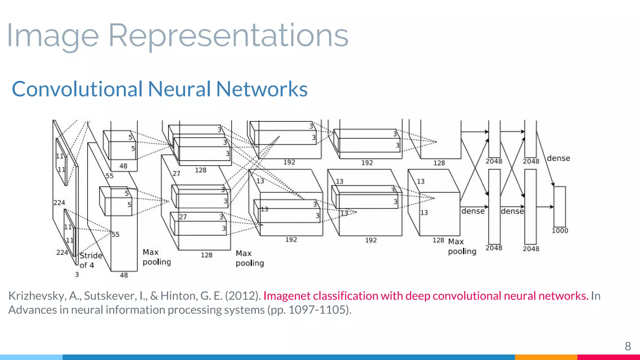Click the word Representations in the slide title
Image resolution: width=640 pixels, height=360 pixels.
click(228, 36)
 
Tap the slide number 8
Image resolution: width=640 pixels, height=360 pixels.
click(627, 346)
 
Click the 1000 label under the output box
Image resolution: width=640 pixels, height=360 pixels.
click(560, 231)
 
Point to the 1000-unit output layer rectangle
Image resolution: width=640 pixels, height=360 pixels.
click(560, 207)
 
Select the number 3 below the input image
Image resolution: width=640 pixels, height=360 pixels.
click(77, 274)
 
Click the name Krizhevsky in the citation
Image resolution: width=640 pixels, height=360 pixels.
click(37, 296)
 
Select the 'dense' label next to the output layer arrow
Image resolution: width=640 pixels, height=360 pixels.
click(558, 158)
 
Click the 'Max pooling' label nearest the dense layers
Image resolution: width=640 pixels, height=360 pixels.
click(462, 246)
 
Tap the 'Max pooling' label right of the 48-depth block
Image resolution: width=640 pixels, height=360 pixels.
click(157, 257)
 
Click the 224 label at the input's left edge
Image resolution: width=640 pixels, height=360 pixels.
click(59, 202)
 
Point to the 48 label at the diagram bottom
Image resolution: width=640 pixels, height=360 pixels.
click(124, 275)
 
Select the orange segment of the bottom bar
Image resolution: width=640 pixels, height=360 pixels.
click(546, 357)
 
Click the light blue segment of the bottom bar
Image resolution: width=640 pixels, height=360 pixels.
click(31, 357)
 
